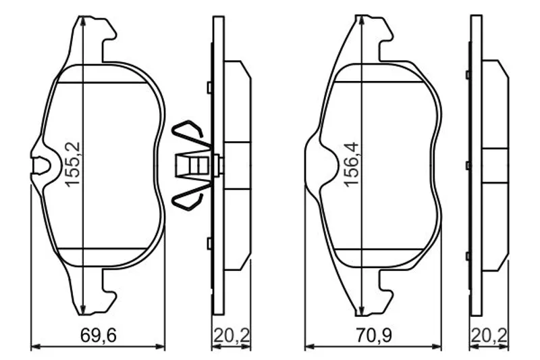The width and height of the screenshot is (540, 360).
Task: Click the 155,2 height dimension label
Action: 73,165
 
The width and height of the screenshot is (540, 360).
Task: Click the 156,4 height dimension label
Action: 352,165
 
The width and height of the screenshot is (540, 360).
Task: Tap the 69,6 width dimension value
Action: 99,335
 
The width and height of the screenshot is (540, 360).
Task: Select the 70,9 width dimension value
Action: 374,335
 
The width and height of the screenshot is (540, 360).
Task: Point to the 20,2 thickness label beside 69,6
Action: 232,335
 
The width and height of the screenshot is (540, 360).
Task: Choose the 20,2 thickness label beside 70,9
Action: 489,335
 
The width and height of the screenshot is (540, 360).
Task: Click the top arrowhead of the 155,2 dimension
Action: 82,22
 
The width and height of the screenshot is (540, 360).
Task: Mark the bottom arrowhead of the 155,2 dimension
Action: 82,309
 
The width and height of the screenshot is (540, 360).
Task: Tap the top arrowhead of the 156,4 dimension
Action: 360,21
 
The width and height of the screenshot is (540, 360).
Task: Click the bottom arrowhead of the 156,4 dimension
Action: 360,310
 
